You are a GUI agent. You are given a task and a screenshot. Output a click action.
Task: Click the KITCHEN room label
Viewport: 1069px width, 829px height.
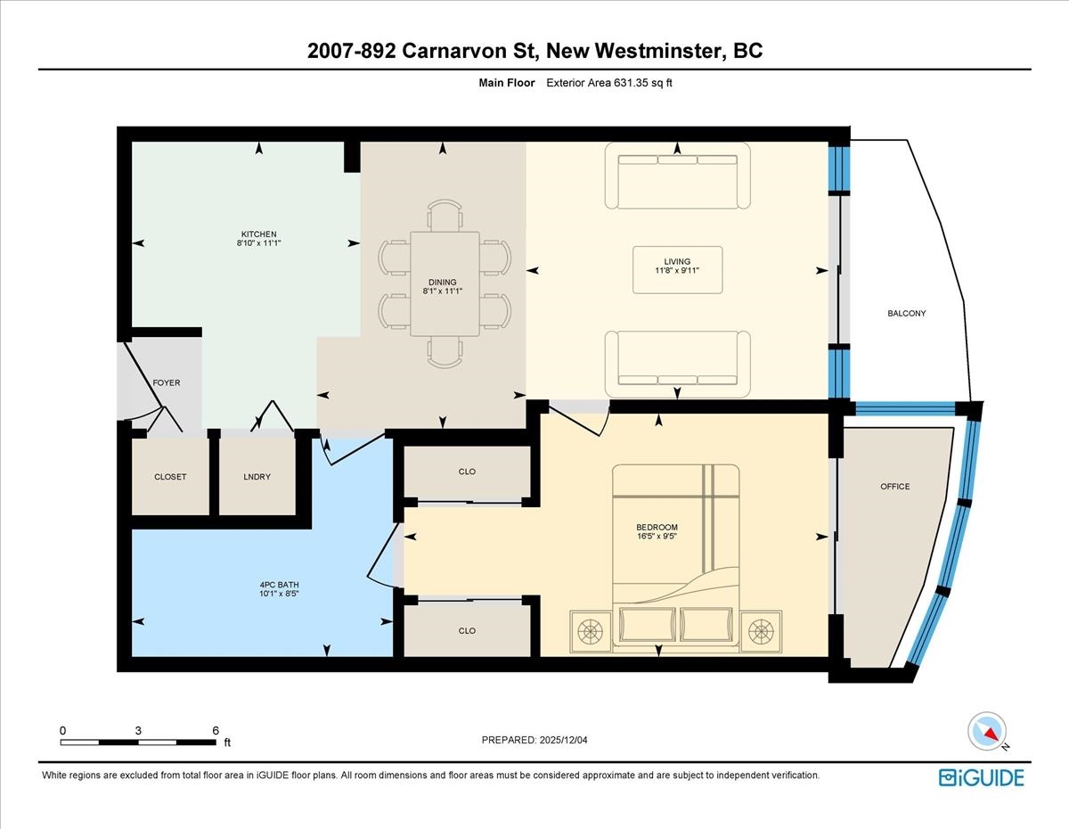point(258,234)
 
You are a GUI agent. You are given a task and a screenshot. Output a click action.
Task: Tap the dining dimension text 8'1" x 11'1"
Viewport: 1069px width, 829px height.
point(442,291)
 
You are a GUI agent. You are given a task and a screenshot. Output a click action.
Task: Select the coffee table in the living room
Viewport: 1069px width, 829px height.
point(677,270)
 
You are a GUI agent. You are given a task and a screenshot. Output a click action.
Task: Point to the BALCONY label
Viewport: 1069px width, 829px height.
point(907,313)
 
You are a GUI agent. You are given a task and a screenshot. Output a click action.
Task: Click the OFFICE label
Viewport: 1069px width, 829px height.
point(895,487)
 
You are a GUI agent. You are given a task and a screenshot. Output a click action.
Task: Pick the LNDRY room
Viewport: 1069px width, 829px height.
point(257,477)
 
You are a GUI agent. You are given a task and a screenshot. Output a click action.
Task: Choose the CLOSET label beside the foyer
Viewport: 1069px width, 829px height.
point(170,477)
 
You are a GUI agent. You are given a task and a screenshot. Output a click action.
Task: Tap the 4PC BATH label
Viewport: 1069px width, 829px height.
point(279,585)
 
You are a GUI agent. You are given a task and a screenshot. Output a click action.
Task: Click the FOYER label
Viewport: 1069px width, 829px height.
point(167,382)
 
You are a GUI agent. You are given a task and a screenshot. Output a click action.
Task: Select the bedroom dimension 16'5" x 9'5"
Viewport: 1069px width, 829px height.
point(657,536)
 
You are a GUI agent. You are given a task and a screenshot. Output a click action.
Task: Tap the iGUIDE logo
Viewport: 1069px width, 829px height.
point(982,778)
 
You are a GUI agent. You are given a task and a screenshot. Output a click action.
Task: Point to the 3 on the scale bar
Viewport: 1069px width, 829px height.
point(138,731)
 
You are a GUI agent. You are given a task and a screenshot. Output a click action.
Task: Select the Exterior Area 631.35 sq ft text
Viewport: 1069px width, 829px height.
point(609,83)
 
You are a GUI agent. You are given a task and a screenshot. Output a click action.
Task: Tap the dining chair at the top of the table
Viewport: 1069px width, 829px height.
point(445,214)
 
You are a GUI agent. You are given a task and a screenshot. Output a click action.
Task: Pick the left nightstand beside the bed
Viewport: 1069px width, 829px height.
point(591,632)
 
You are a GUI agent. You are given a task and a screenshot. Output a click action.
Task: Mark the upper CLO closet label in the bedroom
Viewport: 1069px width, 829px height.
point(467,472)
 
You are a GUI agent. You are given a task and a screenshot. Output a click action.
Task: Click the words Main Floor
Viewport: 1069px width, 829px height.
point(507,83)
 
